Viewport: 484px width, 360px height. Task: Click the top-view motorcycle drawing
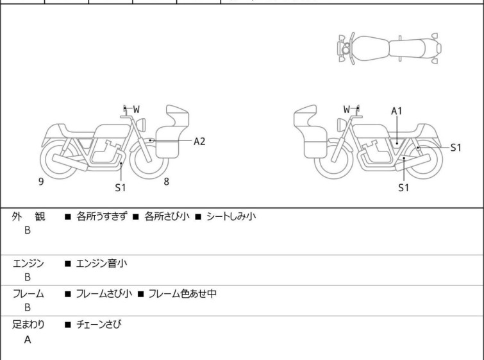tap(390, 47)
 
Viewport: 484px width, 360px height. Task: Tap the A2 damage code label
tap(199, 141)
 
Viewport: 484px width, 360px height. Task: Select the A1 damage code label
tap(397, 111)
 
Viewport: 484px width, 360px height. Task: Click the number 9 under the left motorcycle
tap(41, 182)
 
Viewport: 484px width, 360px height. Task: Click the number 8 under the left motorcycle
tap(167, 182)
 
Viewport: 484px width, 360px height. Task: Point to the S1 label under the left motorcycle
tap(121, 188)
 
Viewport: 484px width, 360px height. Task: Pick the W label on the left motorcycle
tap(137, 109)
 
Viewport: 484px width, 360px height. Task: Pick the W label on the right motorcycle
tap(347, 109)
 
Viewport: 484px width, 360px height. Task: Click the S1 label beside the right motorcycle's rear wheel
tap(455, 147)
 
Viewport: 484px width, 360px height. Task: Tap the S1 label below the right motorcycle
tap(403, 188)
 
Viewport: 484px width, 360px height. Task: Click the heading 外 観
tap(29, 217)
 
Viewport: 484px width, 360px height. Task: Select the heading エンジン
tap(28, 263)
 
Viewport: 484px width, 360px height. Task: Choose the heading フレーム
tap(28, 294)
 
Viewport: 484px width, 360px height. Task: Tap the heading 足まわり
tap(28, 325)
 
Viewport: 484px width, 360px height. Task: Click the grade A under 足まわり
tap(28, 340)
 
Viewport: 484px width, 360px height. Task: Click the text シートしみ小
tap(231, 217)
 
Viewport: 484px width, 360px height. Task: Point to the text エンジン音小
tap(103, 263)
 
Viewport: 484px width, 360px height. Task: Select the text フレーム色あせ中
tap(183, 294)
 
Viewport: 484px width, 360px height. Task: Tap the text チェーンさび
tap(99, 325)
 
